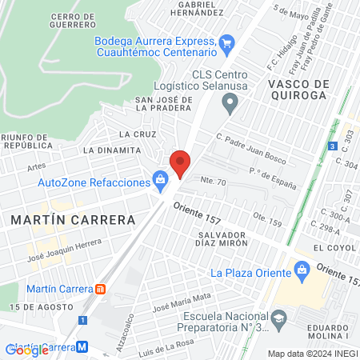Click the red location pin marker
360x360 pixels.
[x=181, y=163]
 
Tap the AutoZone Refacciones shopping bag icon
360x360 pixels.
[x=161, y=182]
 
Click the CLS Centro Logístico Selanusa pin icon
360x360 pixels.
[x=230, y=102]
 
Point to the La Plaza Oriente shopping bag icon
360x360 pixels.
[x=302, y=272]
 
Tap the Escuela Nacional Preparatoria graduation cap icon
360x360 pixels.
[x=278, y=321]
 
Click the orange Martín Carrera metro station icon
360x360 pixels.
[x=100, y=288]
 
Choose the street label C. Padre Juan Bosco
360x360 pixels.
[x=250, y=148]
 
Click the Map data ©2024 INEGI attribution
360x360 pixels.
[x=312, y=354]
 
